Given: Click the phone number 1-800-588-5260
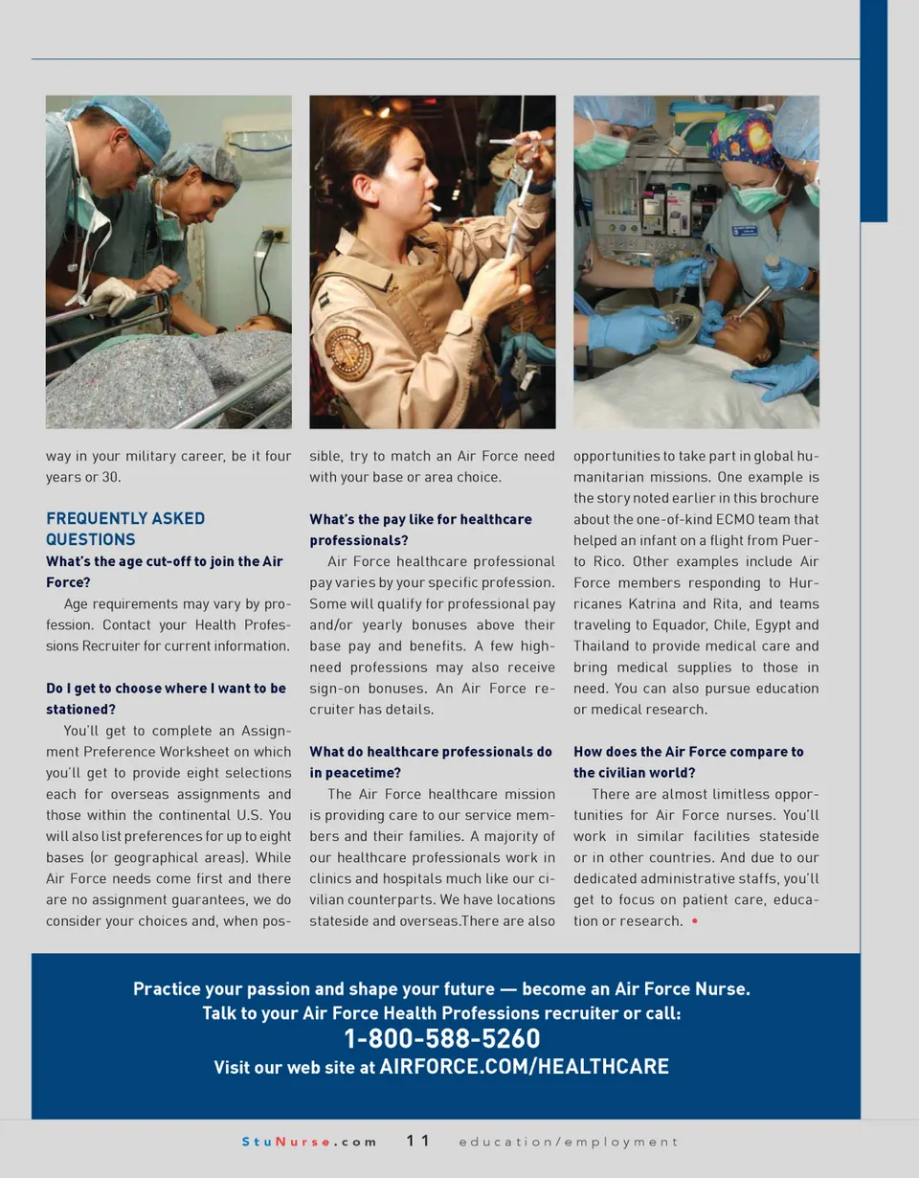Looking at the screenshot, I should coord(441,1039).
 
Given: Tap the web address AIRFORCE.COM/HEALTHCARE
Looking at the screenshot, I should coord(524,1067).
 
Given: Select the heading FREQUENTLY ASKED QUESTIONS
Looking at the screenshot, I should coord(125,529).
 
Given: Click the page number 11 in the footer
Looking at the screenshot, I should coord(417,1141).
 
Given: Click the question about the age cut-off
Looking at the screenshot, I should coord(166,572).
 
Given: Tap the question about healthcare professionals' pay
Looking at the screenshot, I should coord(420,530).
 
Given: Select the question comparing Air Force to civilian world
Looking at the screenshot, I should coord(688,762).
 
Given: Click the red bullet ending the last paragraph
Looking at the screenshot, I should coord(693,921).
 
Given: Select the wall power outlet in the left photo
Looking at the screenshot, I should coord(276,236).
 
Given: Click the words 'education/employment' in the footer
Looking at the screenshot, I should coord(568,1142).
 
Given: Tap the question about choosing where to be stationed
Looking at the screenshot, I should coord(166,699).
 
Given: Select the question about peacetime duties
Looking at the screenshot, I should coord(430,762).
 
